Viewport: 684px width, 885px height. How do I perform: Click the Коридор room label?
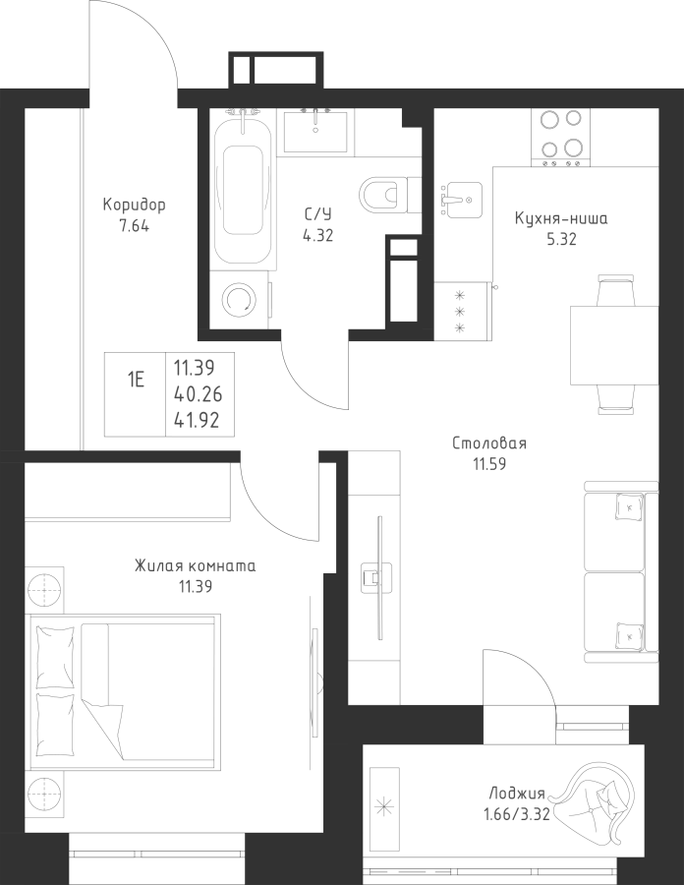tap(135, 205)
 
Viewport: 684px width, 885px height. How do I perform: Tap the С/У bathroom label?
tap(318, 214)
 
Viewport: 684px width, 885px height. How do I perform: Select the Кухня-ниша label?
tap(561, 218)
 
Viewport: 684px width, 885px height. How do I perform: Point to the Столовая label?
tap(489, 443)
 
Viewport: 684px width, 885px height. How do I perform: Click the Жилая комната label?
tap(196, 565)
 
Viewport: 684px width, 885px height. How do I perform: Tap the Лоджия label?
tap(517, 795)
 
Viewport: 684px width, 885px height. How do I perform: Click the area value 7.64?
tap(135, 227)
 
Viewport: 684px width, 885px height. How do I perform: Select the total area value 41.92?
tap(198, 420)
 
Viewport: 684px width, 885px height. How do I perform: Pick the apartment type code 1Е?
tap(136, 380)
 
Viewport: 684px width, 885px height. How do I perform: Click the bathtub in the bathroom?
tap(243, 189)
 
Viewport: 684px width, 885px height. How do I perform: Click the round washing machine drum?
tap(240, 300)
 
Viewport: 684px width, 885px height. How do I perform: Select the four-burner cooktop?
tap(560, 137)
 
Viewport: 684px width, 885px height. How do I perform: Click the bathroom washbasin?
tap(315, 132)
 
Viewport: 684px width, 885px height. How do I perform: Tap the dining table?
tap(614, 345)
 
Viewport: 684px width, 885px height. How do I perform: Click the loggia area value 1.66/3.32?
tap(517, 815)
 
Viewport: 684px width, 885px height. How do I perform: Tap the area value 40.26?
tap(198, 394)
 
